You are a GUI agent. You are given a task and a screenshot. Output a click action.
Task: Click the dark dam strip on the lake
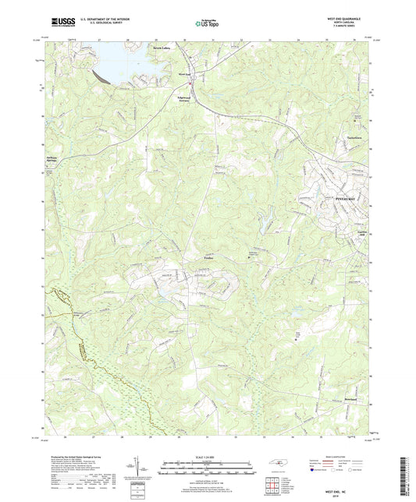101,76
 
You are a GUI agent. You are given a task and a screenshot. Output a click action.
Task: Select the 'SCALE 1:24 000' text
207,456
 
